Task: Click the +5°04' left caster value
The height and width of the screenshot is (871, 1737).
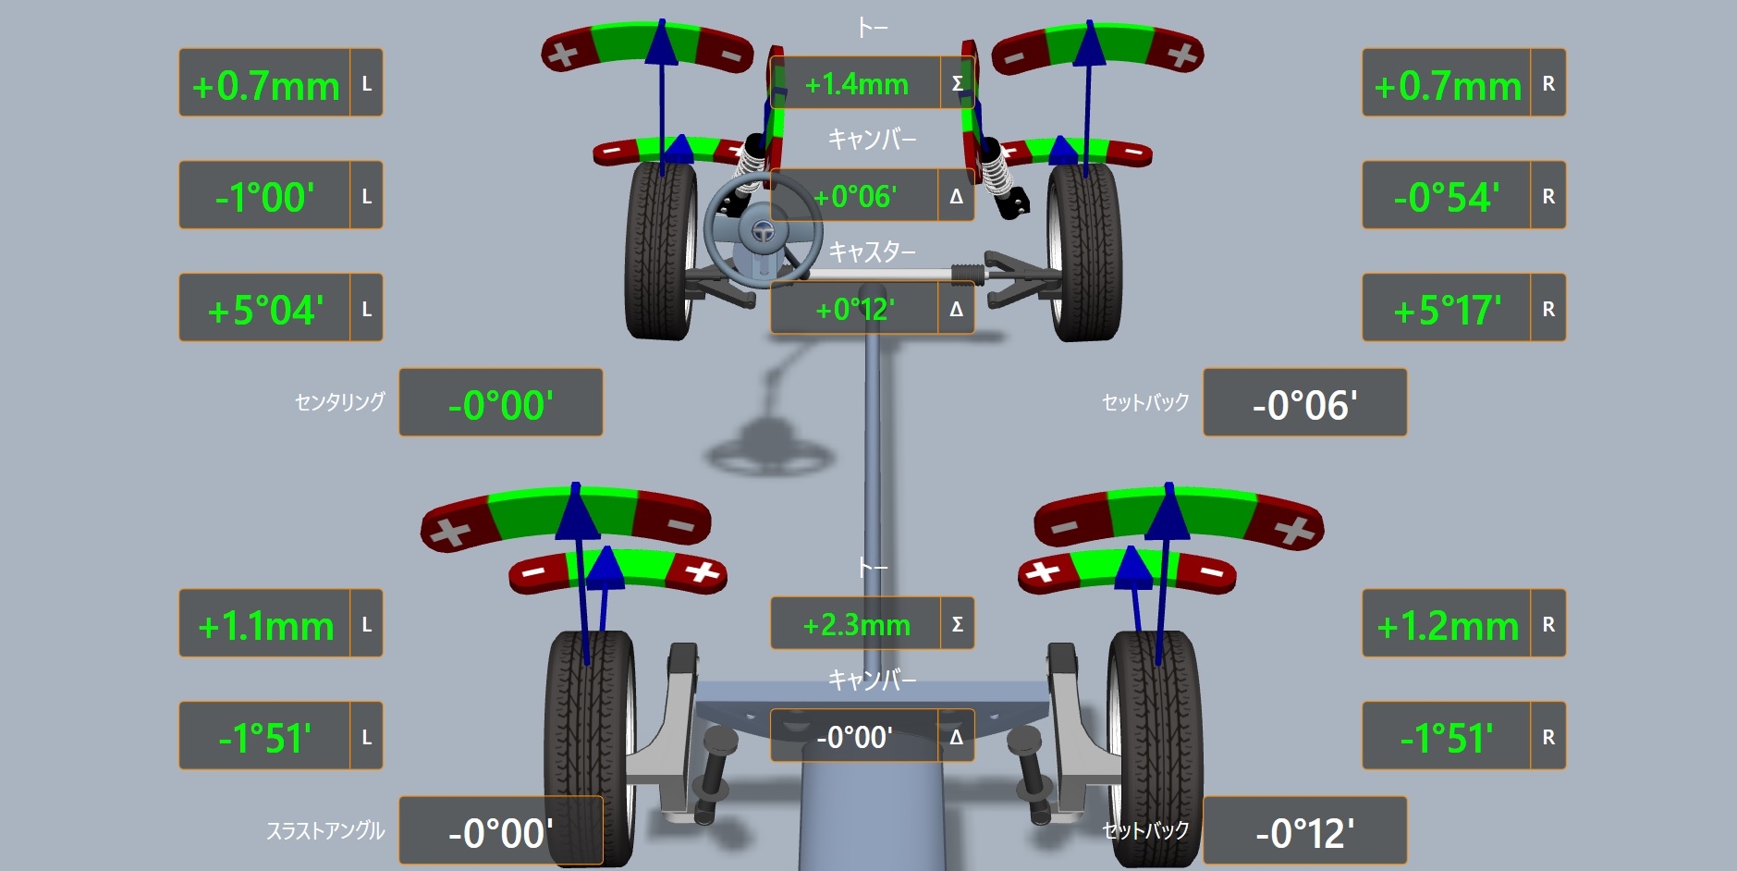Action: (265, 310)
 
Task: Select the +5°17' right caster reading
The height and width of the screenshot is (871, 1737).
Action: (1447, 310)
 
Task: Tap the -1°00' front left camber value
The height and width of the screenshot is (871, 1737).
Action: (264, 197)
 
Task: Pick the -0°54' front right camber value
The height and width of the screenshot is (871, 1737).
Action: (1447, 197)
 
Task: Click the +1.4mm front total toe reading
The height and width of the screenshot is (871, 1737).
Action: (856, 84)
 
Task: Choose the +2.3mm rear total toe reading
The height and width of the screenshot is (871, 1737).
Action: (856, 625)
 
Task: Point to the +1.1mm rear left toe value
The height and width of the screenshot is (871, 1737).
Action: (265, 626)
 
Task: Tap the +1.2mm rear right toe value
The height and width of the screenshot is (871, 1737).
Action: (1448, 626)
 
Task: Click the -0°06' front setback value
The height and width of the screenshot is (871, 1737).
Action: (1304, 405)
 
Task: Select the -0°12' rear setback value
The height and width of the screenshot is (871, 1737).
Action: (1304, 833)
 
